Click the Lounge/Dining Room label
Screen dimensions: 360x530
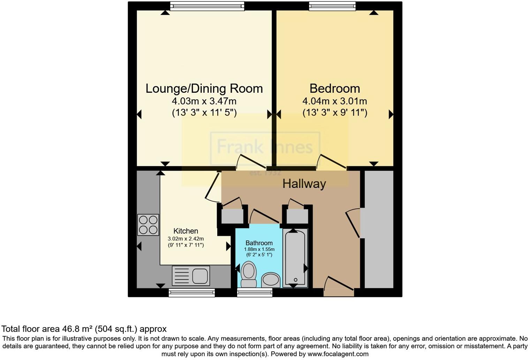(204, 89)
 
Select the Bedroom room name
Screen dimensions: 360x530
(334, 89)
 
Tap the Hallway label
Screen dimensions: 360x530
(304, 183)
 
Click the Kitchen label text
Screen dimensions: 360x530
(185, 231)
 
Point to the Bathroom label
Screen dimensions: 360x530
(259, 243)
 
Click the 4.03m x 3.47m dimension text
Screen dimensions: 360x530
(204, 102)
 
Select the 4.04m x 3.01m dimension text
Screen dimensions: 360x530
(334, 102)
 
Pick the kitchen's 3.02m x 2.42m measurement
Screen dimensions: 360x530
(185, 239)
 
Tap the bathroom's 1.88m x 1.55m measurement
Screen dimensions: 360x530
(259, 249)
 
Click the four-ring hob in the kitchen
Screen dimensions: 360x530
(148, 225)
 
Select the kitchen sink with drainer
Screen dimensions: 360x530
(191, 276)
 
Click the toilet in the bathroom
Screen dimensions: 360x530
(248, 275)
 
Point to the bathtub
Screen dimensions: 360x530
(295, 258)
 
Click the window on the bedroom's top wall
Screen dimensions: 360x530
(332, 6)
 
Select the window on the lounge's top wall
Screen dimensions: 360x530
(207, 6)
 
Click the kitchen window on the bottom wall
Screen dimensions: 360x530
(191, 293)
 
